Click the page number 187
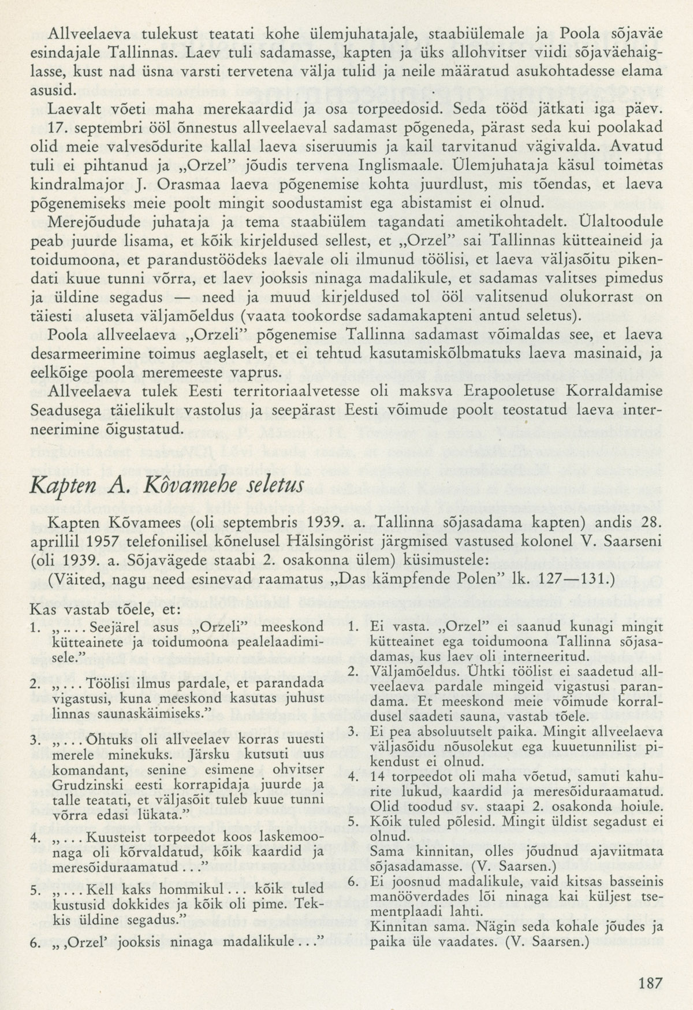(650, 982)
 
